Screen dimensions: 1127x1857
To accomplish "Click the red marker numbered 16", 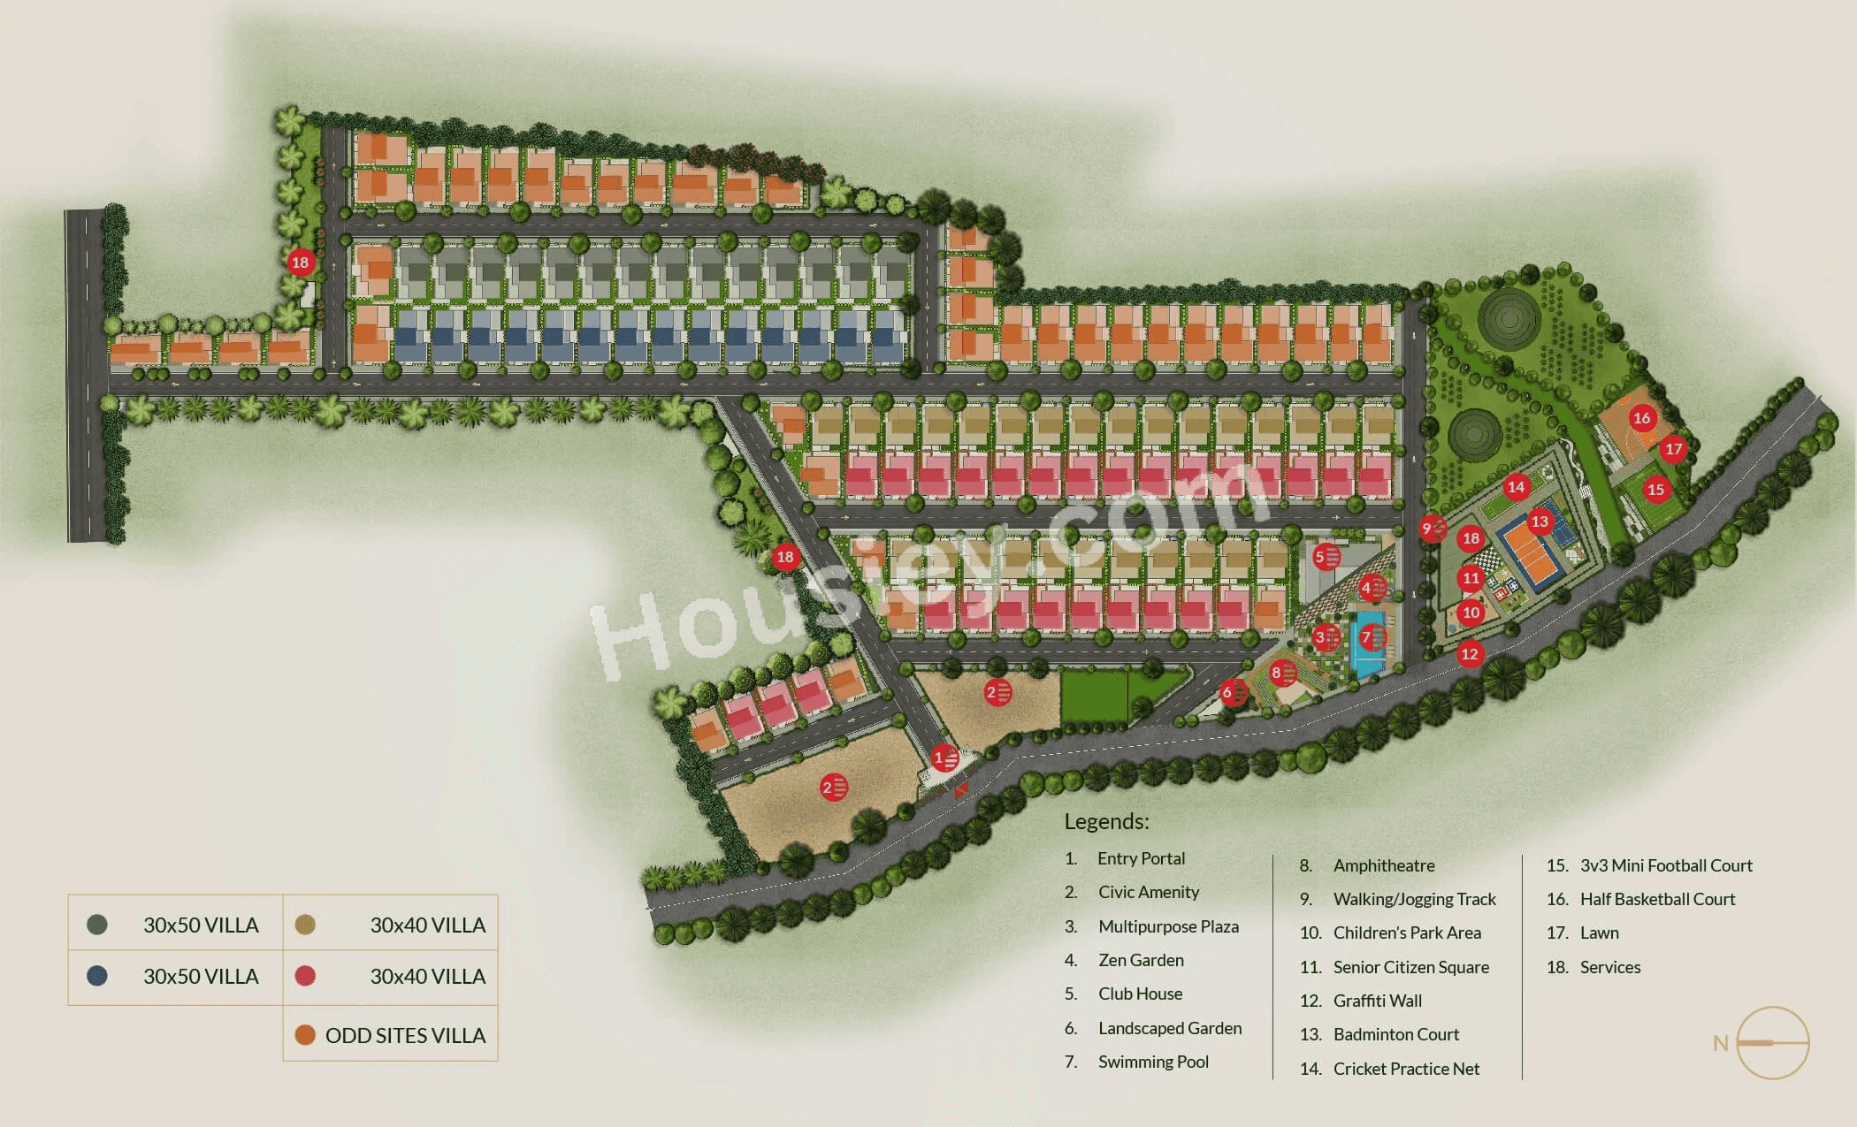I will (1642, 418).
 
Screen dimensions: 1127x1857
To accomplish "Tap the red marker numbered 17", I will (1673, 449).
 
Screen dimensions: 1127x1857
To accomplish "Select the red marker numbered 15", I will (1655, 489).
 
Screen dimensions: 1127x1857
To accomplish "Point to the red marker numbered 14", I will (1516, 486).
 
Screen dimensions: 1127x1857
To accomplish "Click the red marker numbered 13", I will (1540, 522).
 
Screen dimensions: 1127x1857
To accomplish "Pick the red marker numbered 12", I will (1470, 654).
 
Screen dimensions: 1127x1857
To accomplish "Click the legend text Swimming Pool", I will (1152, 1062).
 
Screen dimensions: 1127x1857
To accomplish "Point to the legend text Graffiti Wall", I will (1377, 1001).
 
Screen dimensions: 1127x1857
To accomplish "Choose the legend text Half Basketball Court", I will (1657, 899).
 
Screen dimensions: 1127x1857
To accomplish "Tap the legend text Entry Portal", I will (1141, 858).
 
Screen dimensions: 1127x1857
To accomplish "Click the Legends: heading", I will (1106, 821).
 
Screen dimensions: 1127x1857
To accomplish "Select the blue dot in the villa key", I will (97, 976).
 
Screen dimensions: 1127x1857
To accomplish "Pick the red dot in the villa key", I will (305, 976).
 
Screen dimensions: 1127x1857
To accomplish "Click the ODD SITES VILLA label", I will (405, 1035).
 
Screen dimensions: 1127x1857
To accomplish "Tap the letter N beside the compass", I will (1720, 1043).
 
